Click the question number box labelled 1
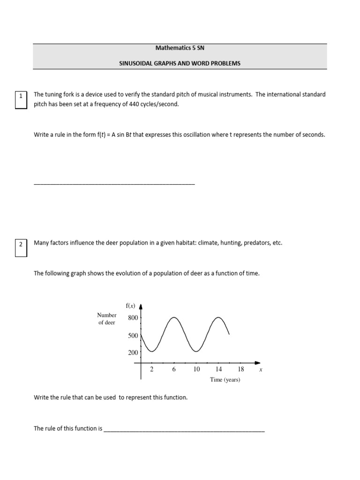pos(21,99)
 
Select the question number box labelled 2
pos(21,248)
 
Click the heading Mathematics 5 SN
pos(180,48)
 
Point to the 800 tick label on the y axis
pos(133,318)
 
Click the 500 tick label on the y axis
pos(133,336)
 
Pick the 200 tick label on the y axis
pos(133,353)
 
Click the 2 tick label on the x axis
pos(152,369)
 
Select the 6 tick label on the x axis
pos(174,369)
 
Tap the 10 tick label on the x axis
pos(196,369)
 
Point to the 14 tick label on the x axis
pos(218,369)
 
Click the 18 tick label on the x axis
pos(241,369)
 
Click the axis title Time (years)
pos(225,380)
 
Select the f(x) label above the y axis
pos(130,306)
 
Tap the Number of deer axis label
pos(107,319)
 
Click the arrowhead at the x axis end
pos(257,363)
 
